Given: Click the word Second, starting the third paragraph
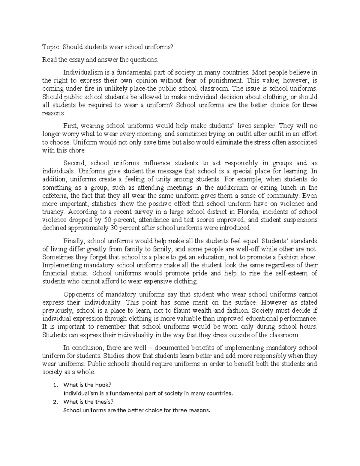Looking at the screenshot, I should coord(75,164).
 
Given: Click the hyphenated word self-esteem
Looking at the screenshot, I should coord(294,274).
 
